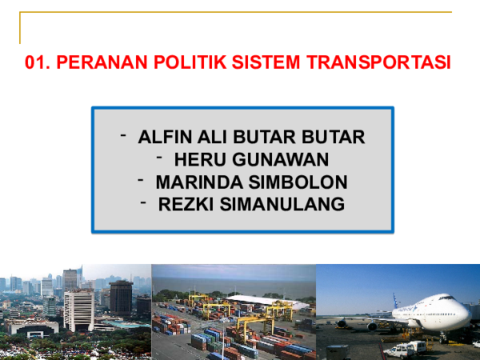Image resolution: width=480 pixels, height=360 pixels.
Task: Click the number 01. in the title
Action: tap(39, 62)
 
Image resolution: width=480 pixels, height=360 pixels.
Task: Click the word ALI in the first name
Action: tap(210, 137)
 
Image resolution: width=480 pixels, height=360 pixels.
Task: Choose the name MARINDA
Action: tap(194, 182)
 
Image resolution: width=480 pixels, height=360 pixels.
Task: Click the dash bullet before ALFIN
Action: tap(123, 134)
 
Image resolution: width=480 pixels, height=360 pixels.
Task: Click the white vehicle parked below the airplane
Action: tap(404, 349)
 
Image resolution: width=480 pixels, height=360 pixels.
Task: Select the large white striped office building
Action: tap(78, 308)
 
